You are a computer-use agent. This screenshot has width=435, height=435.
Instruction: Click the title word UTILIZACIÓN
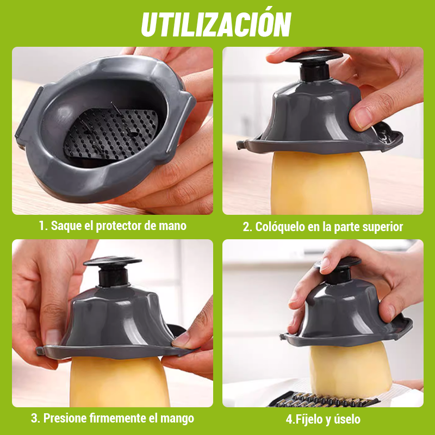point(216,24)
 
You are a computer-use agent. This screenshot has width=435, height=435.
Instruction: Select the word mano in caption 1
point(172,226)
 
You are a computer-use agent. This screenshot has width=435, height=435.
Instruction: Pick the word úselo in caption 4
point(346,419)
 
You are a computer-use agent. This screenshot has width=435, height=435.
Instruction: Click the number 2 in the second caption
point(246,227)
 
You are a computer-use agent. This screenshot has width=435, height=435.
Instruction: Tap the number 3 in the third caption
point(34,419)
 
